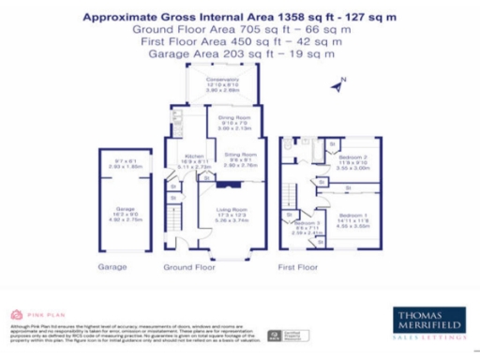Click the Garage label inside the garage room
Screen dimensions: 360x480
pyautogui.click(x=126, y=212)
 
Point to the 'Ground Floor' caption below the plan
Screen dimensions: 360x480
pyautogui.click(x=190, y=267)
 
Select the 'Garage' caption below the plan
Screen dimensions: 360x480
pyautogui.click(x=112, y=267)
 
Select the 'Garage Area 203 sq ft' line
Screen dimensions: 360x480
pyautogui.click(x=243, y=54)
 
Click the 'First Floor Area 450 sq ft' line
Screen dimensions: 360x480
pyautogui.click(x=243, y=42)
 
